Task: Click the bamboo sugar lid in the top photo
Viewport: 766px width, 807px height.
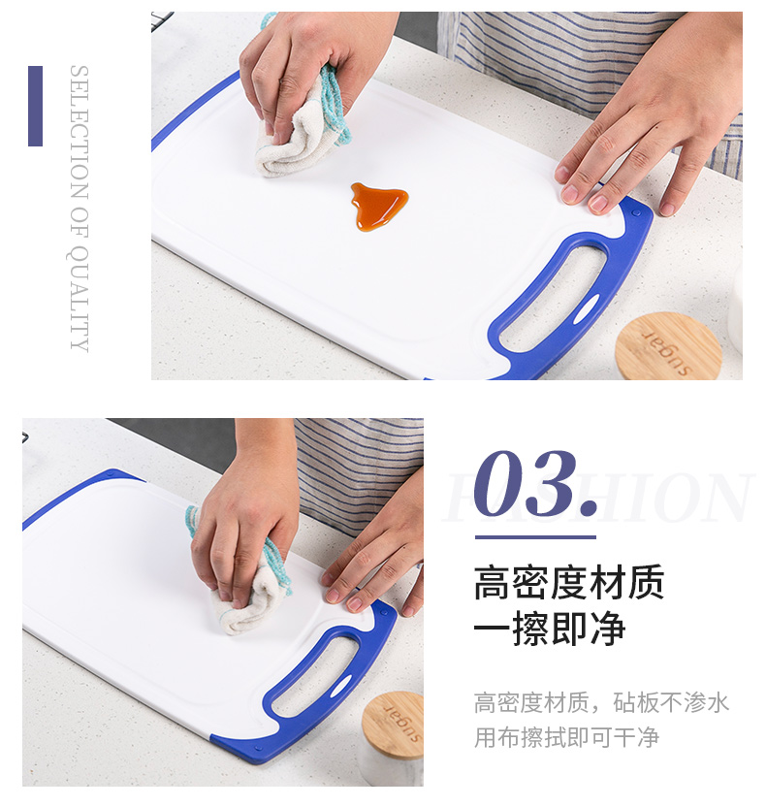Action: (668, 346)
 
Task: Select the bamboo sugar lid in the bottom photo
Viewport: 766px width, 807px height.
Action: (394, 726)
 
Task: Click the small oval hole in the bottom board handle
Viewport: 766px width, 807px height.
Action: (339, 688)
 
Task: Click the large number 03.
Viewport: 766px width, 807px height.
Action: (535, 484)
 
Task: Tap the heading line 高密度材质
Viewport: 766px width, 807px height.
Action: (568, 582)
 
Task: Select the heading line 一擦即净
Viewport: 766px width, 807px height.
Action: (550, 628)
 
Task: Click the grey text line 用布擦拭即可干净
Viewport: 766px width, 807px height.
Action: (566, 737)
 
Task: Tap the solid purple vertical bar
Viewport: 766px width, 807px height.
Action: (36, 106)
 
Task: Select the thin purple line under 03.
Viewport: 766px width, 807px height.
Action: (535, 537)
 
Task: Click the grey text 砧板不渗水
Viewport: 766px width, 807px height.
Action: (671, 702)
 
